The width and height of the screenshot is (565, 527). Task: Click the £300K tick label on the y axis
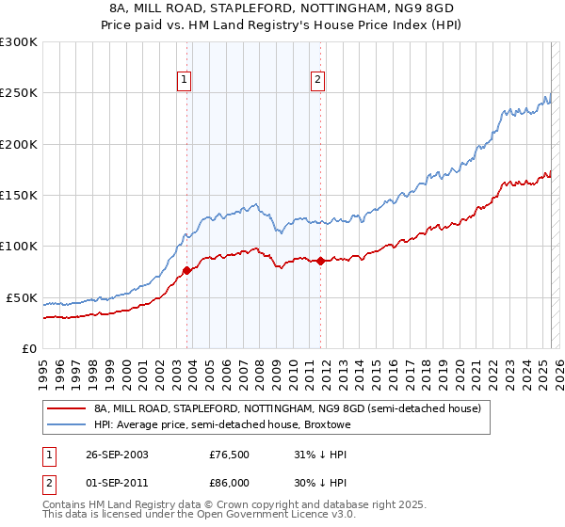click(x=19, y=42)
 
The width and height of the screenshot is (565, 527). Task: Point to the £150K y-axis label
click(x=19, y=195)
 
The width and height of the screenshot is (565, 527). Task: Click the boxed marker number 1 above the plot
click(x=186, y=80)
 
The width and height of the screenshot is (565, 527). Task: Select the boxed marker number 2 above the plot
click(x=318, y=80)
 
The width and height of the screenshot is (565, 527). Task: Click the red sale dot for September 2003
click(x=186, y=270)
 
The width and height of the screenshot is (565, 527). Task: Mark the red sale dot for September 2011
click(x=320, y=261)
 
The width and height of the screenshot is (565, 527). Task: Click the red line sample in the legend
click(x=67, y=408)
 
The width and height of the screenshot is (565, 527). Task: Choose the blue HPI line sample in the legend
click(x=67, y=425)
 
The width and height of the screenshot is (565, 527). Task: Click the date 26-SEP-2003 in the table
click(x=115, y=455)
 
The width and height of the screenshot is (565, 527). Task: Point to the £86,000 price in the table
click(x=230, y=482)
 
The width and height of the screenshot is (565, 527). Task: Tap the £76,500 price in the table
click(x=230, y=455)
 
